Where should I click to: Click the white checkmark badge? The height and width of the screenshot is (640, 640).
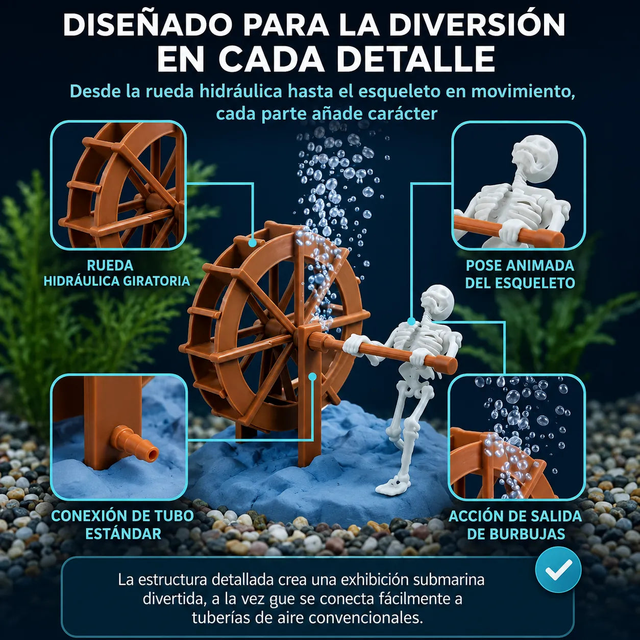tap(558, 570)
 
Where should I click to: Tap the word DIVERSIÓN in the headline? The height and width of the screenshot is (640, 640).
tap(477, 24)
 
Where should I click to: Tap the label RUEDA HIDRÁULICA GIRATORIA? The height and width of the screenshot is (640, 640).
tap(117, 273)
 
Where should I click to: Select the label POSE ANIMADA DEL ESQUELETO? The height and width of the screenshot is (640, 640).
tap(520, 274)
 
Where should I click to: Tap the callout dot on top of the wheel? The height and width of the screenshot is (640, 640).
tap(252, 243)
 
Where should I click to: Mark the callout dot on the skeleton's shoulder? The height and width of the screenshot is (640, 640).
tap(411, 321)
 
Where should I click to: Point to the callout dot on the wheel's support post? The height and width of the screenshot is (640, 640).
tap(312, 376)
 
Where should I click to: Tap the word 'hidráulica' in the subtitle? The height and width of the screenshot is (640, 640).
tap(241, 92)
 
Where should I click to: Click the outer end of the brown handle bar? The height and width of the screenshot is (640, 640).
tap(453, 364)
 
